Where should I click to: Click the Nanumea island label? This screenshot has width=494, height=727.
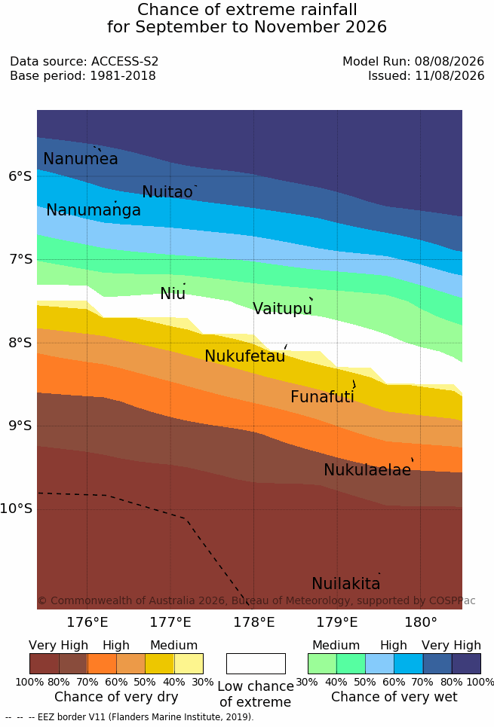coord(81,158)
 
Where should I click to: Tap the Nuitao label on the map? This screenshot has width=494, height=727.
coord(167,191)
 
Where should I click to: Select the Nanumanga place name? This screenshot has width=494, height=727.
coord(94,210)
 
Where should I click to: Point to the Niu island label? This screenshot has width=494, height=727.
coord(173,293)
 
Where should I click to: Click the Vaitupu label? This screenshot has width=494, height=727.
coord(282,308)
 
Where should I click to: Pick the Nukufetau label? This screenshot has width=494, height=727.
coord(244,356)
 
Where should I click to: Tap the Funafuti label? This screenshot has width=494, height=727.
coord(322,396)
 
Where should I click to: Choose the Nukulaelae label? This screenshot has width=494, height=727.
coord(367,469)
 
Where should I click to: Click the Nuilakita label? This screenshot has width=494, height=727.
coord(346,583)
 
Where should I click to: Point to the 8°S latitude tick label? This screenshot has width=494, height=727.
coord(20,343)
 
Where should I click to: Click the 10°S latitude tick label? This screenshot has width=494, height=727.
coord(17,509)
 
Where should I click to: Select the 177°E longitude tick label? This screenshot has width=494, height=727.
coord(170,622)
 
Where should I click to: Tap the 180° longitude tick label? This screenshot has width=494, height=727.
coord(421,622)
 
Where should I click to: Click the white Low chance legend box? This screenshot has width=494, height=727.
coord(256,664)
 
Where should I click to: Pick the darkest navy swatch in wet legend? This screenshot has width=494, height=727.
coord(466,664)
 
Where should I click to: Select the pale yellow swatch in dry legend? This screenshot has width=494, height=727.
coord(189,664)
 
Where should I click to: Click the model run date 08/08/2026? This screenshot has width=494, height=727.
coord(450,61)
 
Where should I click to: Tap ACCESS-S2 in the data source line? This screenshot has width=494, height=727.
coord(124,61)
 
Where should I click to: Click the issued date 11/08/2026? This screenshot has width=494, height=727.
coord(450,75)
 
